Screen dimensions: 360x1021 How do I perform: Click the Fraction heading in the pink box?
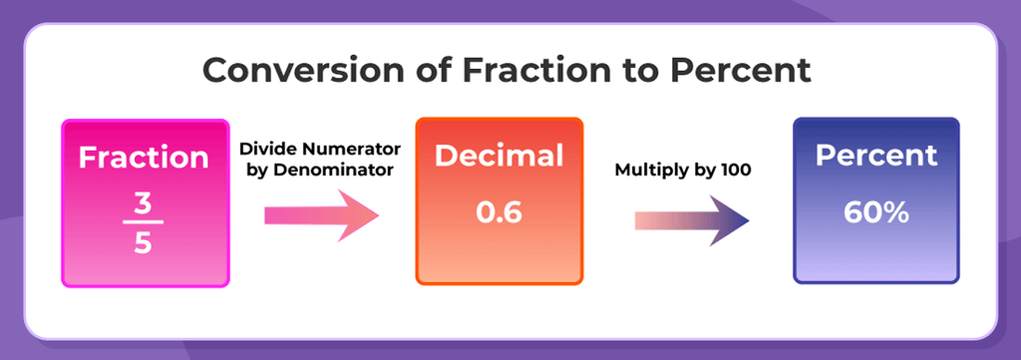coord(145,158)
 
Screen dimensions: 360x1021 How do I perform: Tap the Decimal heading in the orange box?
coord(499,157)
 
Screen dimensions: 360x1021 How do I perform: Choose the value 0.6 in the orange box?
coord(499,213)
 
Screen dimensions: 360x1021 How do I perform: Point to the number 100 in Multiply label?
coord(735,169)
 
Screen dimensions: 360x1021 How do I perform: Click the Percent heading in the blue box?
coord(876,156)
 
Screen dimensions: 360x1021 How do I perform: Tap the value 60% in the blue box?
coord(876,212)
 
